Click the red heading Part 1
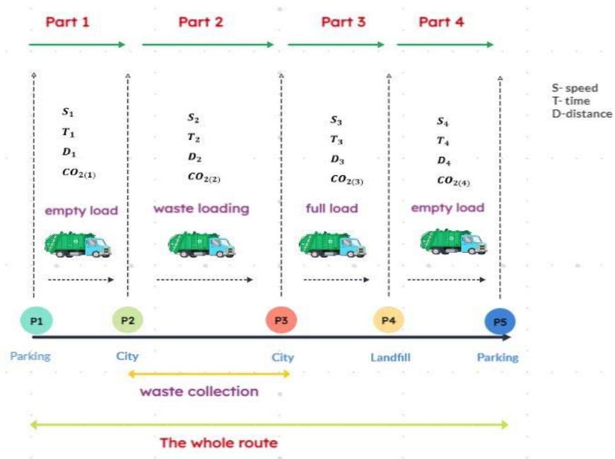(x=67, y=21)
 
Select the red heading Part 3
(x=343, y=21)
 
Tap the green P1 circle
(x=35, y=321)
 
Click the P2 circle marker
(x=127, y=321)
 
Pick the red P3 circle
(x=281, y=321)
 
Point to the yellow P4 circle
(x=388, y=321)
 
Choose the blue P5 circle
(x=500, y=322)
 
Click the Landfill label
(x=390, y=357)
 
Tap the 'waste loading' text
(x=201, y=208)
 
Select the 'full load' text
(x=332, y=208)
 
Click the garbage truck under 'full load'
(x=332, y=242)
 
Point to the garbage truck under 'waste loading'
(x=201, y=244)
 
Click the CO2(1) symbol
(x=83, y=171)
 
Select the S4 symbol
(x=443, y=121)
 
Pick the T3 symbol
(x=336, y=140)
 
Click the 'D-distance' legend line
(x=582, y=114)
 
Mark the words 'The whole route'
(x=218, y=443)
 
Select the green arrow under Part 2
(x=208, y=44)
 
